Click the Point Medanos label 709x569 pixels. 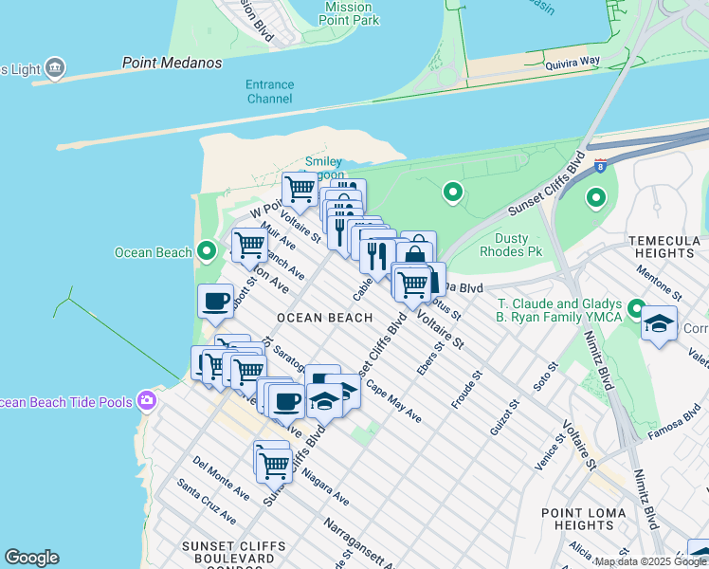(x=172, y=64)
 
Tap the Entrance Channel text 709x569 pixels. (x=269, y=92)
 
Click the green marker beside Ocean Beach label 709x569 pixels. (x=208, y=251)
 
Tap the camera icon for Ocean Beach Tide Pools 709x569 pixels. (x=146, y=401)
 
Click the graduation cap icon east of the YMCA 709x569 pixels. (x=659, y=323)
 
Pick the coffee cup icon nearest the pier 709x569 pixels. (x=216, y=301)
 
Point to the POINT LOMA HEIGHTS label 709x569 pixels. (x=582, y=519)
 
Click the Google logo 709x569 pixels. (x=31, y=558)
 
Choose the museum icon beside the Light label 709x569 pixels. (x=55, y=67)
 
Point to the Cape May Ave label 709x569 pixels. (x=393, y=402)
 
